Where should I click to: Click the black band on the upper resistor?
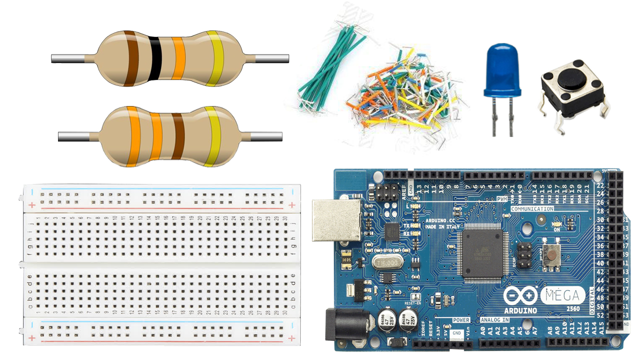154,58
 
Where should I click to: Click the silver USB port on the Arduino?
336,220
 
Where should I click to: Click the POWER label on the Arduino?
461,320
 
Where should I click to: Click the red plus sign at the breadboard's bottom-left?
32,338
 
